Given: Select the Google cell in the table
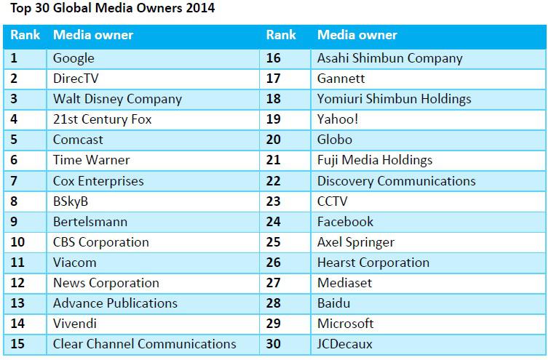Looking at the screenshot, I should (x=74, y=58).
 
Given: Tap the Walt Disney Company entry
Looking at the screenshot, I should (x=117, y=99).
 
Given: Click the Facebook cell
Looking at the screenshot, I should (x=345, y=221).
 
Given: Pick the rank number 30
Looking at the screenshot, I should (x=273, y=343).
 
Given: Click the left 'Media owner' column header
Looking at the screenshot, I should (x=93, y=35).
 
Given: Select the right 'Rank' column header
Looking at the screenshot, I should (x=281, y=35).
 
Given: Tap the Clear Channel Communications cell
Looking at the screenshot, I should (x=144, y=343).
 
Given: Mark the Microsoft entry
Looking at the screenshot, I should (x=345, y=323).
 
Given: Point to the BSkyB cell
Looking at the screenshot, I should (x=71, y=201).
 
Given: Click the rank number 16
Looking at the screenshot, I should (x=273, y=58).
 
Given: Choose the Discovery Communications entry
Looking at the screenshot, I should (x=396, y=180).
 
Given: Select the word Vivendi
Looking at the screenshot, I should (x=74, y=323).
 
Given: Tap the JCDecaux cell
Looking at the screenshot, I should (x=344, y=343).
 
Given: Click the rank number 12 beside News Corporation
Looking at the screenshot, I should (x=18, y=282).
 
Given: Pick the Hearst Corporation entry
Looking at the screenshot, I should (x=373, y=262).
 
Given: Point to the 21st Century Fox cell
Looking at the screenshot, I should (x=102, y=119).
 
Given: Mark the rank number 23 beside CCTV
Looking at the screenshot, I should (x=273, y=201).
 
